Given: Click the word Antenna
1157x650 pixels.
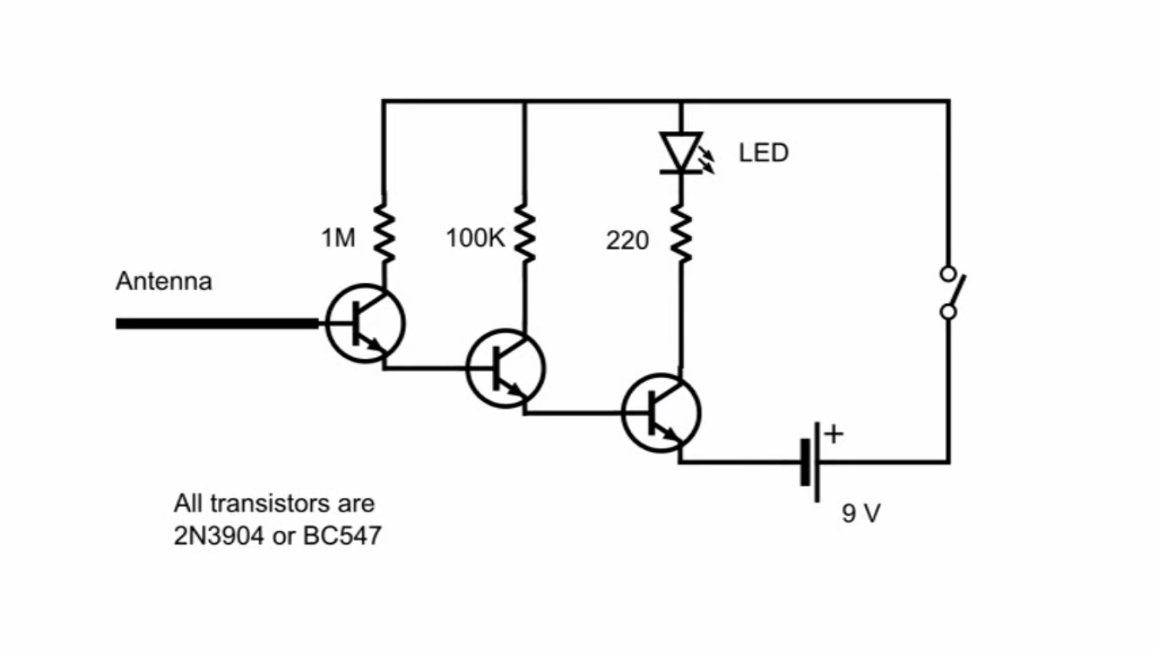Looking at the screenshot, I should [x=163, y=281].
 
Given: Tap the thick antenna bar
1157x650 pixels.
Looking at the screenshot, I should [x=216, y=323].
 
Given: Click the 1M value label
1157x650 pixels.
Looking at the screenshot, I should [x=338, y=240].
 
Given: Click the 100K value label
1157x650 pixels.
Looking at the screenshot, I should [x=475, y=240].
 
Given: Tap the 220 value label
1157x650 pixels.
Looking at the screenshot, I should [x=627, y=241].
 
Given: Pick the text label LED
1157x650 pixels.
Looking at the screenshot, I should [x=763, y=153].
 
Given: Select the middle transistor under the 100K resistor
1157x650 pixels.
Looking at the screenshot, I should [x=507, y=368].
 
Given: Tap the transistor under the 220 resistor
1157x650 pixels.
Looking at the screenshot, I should [x=662, y=413].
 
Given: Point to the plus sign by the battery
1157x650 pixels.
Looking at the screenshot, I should [x=834, y=434].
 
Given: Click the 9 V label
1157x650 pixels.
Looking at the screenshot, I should [x=861, y=513].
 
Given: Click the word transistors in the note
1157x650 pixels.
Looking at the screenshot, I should [x=269, y=504].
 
